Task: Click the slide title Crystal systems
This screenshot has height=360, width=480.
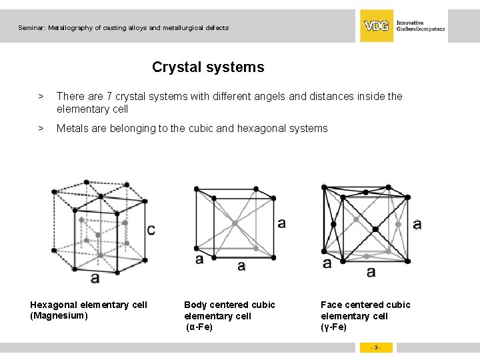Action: (208, 67)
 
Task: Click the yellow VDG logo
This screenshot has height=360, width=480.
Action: (377, 26)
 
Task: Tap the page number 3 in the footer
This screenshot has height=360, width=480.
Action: (376, 347)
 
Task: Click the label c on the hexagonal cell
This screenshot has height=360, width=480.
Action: (151, 230)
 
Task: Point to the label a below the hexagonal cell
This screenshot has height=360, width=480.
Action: (95, 277)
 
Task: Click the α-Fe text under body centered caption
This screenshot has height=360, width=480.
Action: (199, 327)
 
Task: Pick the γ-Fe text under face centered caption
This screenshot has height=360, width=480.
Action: (334, 327)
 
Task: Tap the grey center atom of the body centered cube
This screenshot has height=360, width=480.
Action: (235, 224)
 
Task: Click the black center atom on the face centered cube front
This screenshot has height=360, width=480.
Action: (375, 229)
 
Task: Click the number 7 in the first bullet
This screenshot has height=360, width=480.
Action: (109, 97)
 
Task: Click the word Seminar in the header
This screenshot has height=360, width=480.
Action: (31, 28)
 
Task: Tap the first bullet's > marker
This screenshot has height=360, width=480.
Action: (41, 97)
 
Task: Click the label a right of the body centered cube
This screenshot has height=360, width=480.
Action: (281, 223)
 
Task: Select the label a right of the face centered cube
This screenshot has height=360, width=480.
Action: (417, 224)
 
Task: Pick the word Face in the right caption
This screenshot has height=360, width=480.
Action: (332, 305)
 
